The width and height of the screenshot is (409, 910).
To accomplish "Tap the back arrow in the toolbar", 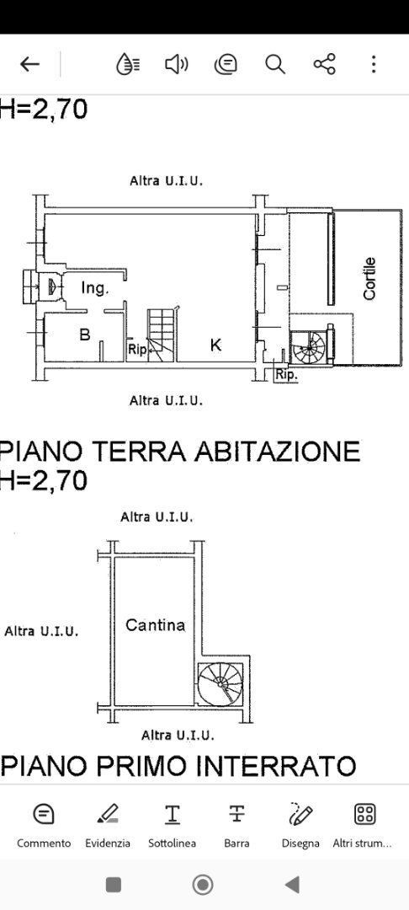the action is tap(29, 64).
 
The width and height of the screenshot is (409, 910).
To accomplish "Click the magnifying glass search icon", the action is tap(275, 64).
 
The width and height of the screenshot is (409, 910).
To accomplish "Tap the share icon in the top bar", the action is tap(324, 64).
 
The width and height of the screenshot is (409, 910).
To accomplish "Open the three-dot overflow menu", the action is tap(374, 64).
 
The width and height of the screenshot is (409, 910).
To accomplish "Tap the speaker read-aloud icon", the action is tap(177, 64).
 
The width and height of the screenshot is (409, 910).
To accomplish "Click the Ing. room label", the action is tap(94, 288).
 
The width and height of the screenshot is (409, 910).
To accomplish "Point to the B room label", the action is tap(85, 335).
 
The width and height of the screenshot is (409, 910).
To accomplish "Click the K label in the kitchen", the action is tap(215, 345).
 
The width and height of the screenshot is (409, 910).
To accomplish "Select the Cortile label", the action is tap(369, 279).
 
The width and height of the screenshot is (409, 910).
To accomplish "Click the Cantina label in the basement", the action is tap(155, 625).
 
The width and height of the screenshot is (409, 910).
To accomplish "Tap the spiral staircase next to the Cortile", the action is tap(310, 346).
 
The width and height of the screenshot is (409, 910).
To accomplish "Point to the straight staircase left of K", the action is tap(162, 335).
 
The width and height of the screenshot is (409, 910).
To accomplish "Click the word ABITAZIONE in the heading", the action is tap(277, 451).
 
